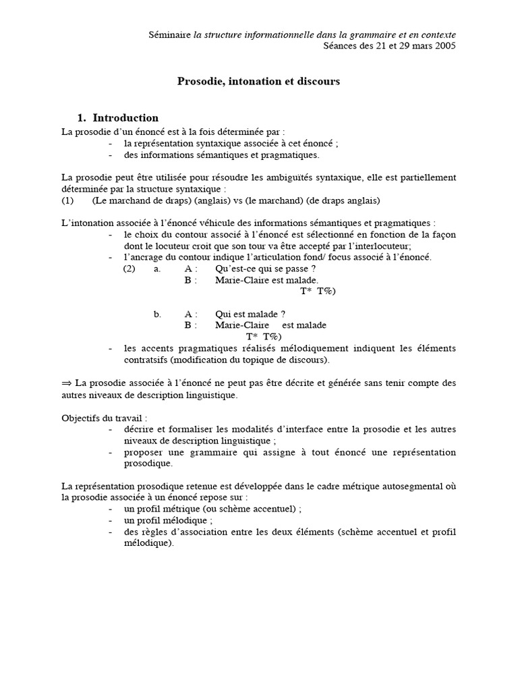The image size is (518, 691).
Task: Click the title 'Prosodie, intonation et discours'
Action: coord(258,81)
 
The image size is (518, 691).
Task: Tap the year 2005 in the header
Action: coord(444,46)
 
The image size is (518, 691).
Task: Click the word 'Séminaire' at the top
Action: coord(169,34)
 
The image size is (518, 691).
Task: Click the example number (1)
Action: coord(67,200)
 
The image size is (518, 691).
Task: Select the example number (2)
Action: coord(129,269)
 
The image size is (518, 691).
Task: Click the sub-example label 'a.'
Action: coord(157,269)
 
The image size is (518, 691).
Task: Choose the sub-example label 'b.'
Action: coord(157,314)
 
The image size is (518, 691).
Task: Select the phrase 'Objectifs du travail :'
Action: coord(104,417)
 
